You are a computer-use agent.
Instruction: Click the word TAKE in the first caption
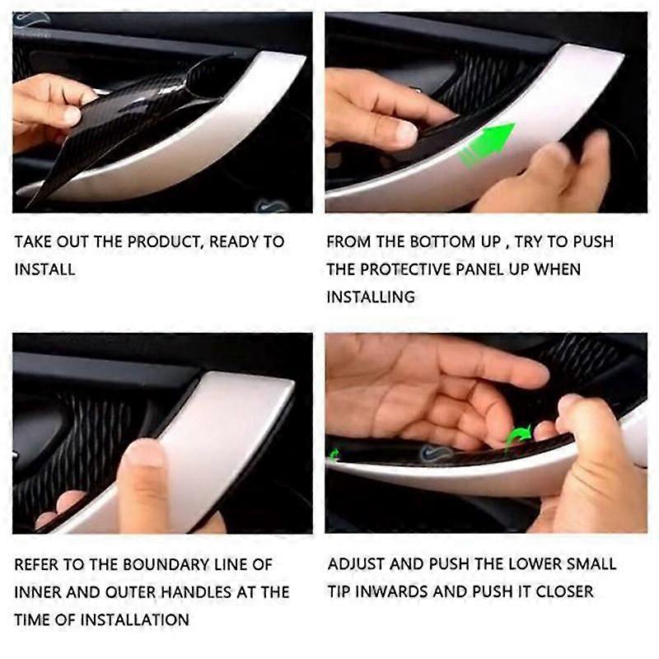coord(34,242)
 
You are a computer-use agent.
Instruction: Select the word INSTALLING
coord(371,297)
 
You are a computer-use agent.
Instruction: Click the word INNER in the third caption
coord(39,592)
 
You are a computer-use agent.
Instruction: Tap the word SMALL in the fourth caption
coord(589,564)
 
